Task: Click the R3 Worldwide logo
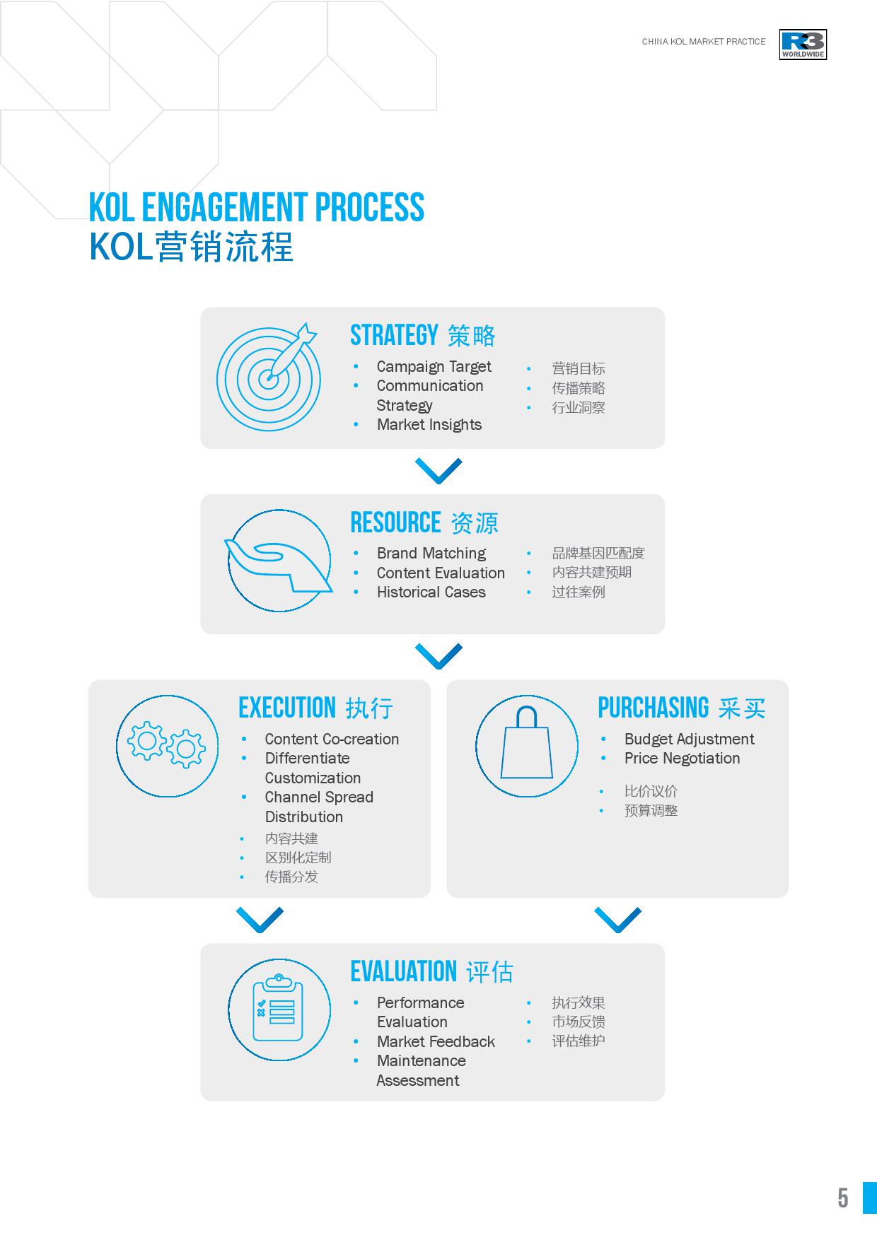coord(803,45)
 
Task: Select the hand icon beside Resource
coord(279,561)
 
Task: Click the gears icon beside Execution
coord(168,746)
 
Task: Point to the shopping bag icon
coord(527,746)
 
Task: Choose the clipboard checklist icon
coord(279,1010)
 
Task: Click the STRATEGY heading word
coord(395,335)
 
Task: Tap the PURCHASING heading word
coord(654,708)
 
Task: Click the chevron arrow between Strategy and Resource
coord(438,471)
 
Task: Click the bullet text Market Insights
coord(429,425)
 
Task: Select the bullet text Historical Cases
coord(431,592)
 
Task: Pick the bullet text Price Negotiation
coord(683,759)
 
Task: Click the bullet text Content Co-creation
coord(332,739)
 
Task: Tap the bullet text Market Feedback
coord(436,1041)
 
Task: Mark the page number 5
coord(843,1198)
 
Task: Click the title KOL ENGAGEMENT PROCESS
coord(257,207)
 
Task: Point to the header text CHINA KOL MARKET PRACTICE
coord(704,42)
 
